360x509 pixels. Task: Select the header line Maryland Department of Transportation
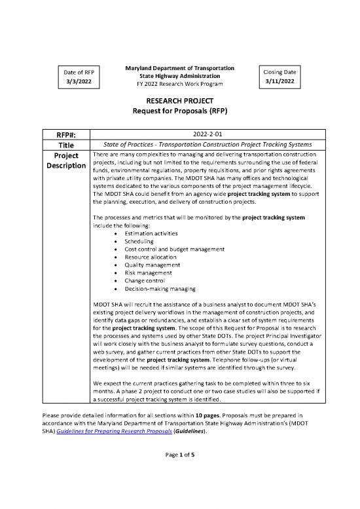click(x=179, y=67)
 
